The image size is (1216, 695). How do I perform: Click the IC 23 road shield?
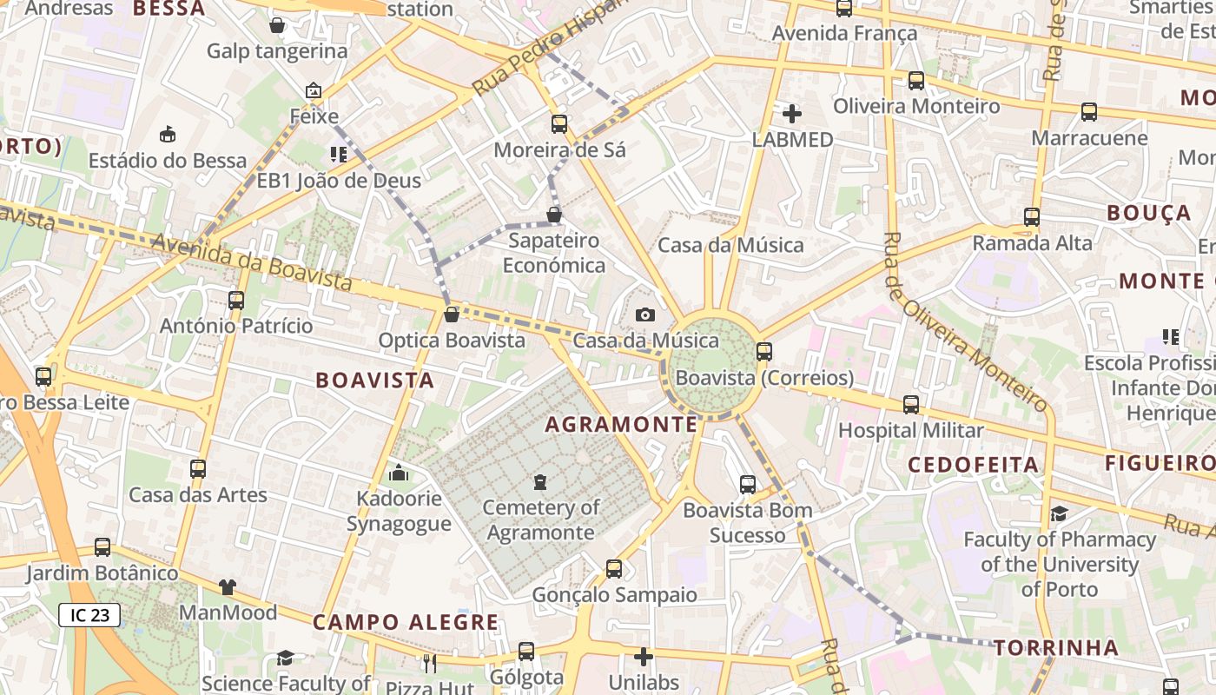click(x=89, y=615)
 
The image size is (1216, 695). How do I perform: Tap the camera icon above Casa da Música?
click(x=645, y=314)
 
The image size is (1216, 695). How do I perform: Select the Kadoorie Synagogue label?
click(x=399, y=512)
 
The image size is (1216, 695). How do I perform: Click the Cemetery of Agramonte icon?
click(x=541, y=481)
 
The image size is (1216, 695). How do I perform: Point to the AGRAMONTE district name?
click(x=621, y=425)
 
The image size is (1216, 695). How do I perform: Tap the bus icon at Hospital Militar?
click(x=910, y=404)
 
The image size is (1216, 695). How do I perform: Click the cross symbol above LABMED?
click(x=791, y=114)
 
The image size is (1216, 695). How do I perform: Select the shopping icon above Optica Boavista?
click(x=451, y=314)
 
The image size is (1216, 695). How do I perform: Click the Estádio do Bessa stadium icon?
click(x=168, y=134)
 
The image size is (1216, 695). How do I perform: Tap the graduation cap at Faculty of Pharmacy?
click(x=1059, y=513)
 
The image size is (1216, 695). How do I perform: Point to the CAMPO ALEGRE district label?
click(x=406, y=622)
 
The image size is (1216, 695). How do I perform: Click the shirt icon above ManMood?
click(x=228, y=587)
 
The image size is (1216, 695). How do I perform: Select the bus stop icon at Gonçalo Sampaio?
click(x=614, y=569)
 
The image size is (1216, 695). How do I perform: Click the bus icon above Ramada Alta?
click(x=1032, y=217)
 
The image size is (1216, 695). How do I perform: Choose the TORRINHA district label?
click(x=1055, y=647)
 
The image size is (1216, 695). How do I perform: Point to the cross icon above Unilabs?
click(x=644, y=657)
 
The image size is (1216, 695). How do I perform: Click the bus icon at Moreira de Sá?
click(x=559, y=123)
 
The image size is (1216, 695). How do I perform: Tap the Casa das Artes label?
click(x=198, y=495)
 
